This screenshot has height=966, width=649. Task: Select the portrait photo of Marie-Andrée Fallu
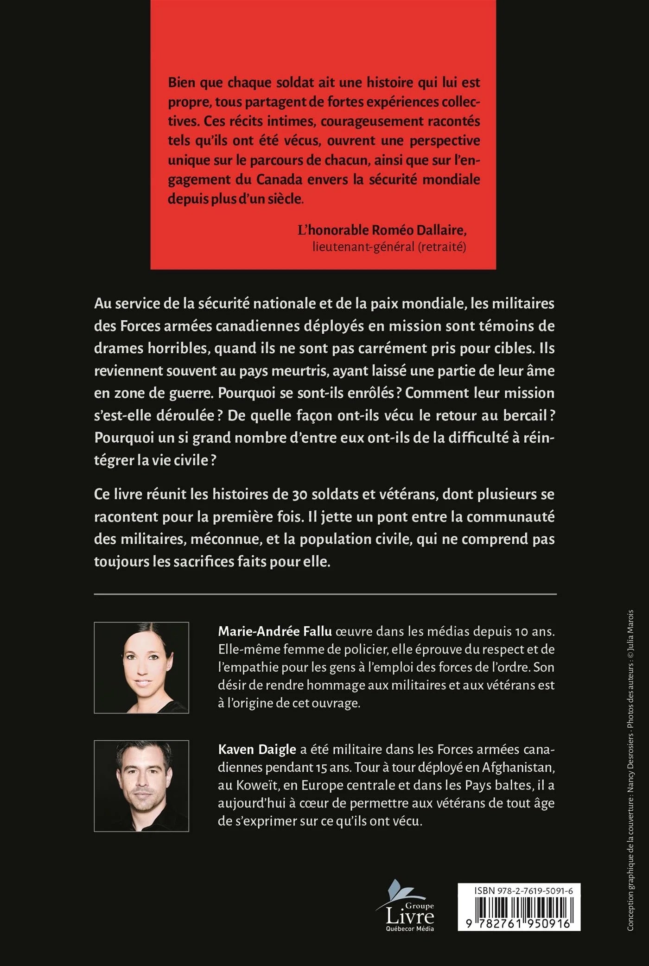coord(141,667)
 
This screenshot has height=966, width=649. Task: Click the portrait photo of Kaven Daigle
coord(141,786)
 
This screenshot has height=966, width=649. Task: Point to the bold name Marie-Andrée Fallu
coord(275,631)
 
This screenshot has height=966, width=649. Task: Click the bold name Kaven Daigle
coord(257,750)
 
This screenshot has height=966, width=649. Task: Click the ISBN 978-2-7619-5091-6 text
coord(523,891)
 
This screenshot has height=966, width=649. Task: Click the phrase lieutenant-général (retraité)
coord(389,247)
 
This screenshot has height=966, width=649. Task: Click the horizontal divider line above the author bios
coord(324,594)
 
